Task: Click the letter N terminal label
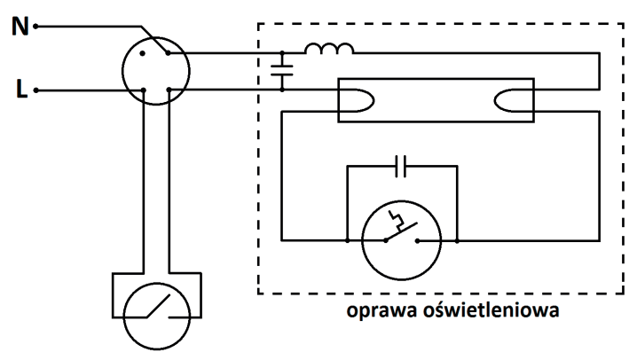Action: pyautogui.click(x=20, y=27)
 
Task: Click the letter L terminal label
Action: pyautogui.click(x=21, y=89)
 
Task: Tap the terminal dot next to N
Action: pyautogui.click(x=35, y=27)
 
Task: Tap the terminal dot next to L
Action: pyautogui.click(x=35, y=90)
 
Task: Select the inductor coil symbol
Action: pyautogui.click(x=329, y=48)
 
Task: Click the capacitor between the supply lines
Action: pyautogui.click(x=282, y=70)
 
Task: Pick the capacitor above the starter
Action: pyautogui.click(x=400, y=166)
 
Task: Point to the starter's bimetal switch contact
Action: pyautogui.click(x=401, y=231)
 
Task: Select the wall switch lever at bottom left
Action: pyautogui.click(x=159, y=306)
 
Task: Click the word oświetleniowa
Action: pyautogui.click(x=492, y=310)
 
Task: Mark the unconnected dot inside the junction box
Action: pyautogui.click(x=142, y=53)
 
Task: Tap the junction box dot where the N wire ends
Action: pyautogui.click(x=169, y=53)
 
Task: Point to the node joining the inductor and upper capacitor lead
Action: pyautogui.click(x=282, y=53)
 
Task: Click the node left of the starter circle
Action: pyautogui.click(x=348, y=240)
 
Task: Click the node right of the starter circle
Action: pyautogui.click(x=457, y=240)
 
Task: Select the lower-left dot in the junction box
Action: pyautogui.click(x=143, y=90)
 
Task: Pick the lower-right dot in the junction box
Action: pyautogui.click(x=169, y=90)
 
